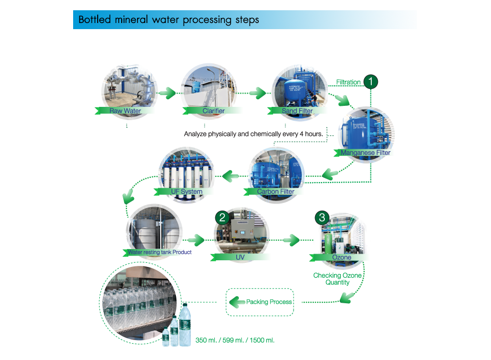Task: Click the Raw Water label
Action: [125, 110]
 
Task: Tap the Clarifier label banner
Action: [213, 110]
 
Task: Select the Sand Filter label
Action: [297, 110]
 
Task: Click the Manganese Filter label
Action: [365, 152]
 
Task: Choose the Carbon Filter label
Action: [275, 192]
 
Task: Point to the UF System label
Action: [186, 192]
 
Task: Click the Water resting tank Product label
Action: [159, 252]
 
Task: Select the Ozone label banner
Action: [342, 257]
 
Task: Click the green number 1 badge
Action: [370, 82]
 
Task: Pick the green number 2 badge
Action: [222, 217]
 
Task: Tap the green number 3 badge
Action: [321, 217]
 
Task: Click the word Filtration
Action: [348, 82]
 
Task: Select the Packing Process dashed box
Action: [260, 302]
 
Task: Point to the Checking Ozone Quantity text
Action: [338, 279]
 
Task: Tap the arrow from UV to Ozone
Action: [290, 239]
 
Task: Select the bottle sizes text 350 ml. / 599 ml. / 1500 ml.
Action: [235, 340]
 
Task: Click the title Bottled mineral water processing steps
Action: [168, 20]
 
